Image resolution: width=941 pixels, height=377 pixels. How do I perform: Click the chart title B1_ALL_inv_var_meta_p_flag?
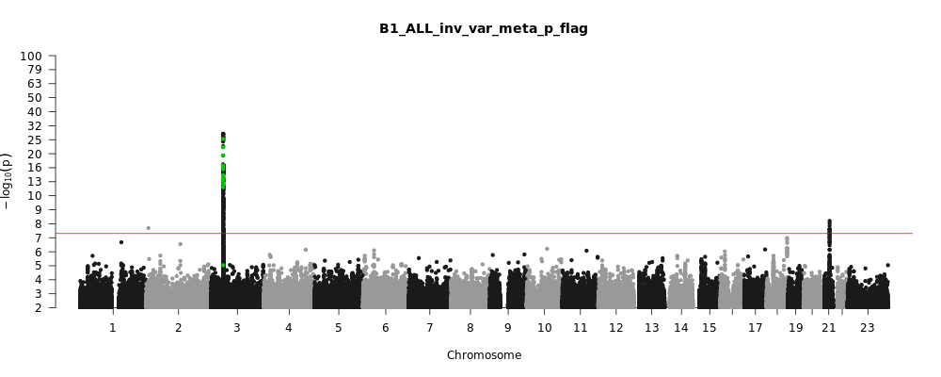tap(484, 28)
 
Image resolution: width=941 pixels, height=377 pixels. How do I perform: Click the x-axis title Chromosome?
tap(484, 355)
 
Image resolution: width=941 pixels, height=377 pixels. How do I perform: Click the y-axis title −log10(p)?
tap(8, 181)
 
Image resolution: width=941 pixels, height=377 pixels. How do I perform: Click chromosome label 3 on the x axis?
tap(236, 327)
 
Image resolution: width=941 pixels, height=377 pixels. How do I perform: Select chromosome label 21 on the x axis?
tap(829, 327)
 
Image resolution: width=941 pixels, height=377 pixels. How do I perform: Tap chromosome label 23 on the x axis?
tap(867, 327)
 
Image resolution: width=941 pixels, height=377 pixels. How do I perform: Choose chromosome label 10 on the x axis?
tap(545, 327)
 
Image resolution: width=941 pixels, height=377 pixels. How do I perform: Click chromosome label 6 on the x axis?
tap(385, 327)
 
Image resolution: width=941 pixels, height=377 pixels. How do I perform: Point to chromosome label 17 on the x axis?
tap(755, 327)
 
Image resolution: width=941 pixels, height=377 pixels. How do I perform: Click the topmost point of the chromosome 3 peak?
tap(223, 134)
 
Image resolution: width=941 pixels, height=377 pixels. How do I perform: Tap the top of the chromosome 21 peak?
tap(829, 221)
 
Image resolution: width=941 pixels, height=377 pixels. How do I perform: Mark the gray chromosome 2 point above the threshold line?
tap(148, 228)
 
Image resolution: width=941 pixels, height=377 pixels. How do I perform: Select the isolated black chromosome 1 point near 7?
tap(121, 242)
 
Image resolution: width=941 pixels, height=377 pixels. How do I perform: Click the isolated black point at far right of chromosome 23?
tap(887, 266)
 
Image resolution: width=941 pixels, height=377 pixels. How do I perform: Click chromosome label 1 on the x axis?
tap(112, 327)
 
